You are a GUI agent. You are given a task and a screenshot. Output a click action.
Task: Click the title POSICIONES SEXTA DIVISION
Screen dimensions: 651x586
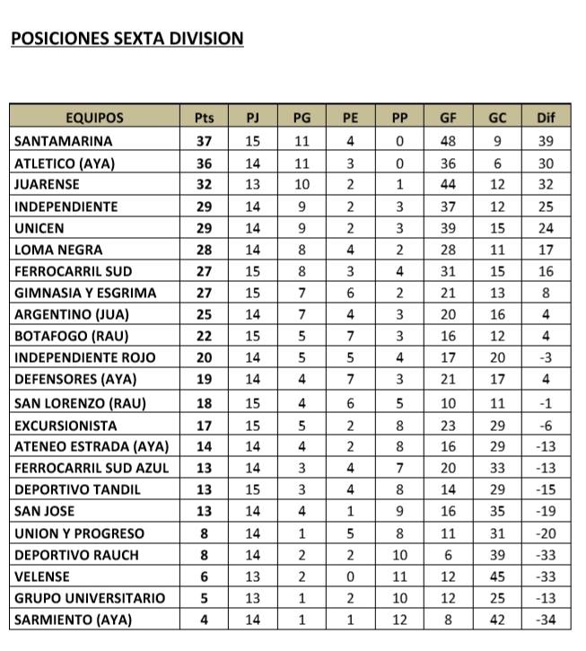tap(127, 39)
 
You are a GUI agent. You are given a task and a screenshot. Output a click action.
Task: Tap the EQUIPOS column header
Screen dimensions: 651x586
tap(94, 118)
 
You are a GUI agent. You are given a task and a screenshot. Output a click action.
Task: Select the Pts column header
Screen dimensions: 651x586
tap(204, 118)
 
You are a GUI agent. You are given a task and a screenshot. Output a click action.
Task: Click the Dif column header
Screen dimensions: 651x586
tap(546, 118)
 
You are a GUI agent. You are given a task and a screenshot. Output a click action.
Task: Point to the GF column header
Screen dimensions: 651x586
tap(448, 118)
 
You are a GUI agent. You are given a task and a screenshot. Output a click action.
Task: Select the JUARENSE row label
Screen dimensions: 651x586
tap(48, 184)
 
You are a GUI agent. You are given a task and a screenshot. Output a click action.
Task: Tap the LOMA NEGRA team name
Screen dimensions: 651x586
tap(58, 250)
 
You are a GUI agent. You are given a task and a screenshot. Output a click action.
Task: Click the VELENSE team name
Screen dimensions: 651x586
tap(42, 576)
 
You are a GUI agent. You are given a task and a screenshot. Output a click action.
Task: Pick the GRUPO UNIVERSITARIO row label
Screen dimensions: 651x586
tap(90, 598)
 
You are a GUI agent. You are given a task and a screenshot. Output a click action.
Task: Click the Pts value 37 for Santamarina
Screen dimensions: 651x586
tap(204, 141)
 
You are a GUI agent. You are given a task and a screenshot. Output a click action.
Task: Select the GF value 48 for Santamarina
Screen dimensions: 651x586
tap(448, 141)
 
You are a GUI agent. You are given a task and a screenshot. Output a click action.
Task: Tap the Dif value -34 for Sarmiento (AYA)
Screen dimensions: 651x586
tap(546, 620)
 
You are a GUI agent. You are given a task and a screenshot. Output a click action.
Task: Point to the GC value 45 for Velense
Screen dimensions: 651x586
tap(497, 576)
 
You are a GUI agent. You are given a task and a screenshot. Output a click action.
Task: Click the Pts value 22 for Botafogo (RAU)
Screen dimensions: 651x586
tap(204, 336)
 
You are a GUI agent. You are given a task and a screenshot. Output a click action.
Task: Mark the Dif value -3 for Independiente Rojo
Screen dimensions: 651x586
tap(546, 357)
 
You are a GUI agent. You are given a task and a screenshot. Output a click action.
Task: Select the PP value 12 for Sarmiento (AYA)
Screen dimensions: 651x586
tap(399, 620)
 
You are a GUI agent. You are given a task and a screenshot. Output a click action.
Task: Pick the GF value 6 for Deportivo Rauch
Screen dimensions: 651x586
tap(448, 555)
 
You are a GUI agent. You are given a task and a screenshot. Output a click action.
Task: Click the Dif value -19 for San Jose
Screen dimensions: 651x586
tap(546, 512)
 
